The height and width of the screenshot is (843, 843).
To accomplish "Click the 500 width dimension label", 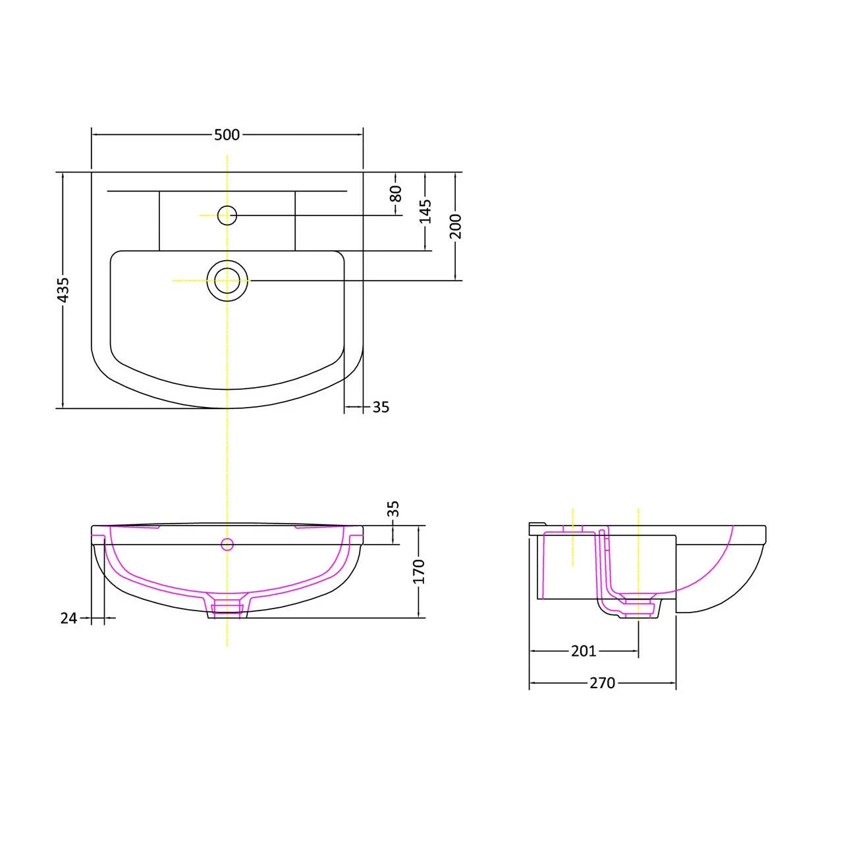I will [x=227, y=134].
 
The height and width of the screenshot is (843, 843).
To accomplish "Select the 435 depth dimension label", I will [x=63, y=290].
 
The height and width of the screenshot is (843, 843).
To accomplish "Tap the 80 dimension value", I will [x=395, y=194].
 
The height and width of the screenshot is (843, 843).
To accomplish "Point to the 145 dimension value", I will [x=425, y=211].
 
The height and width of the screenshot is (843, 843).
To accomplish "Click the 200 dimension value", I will [x=456, y=226].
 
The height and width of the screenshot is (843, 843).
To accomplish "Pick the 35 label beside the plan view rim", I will [x=381, y=408].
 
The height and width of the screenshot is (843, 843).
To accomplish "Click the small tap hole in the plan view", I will [x=227, y=215].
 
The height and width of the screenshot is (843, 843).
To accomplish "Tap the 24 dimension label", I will [x=68, y=618].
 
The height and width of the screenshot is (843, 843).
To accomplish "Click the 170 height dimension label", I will [x=420, y=572].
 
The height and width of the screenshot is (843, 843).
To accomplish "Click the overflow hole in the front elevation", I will [x=227, y=544].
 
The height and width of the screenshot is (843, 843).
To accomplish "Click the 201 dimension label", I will [x=584, y=651].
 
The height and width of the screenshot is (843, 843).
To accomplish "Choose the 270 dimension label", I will [x=602, y=683].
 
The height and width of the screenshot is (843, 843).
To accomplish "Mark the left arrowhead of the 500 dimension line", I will [x=94, y=134].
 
